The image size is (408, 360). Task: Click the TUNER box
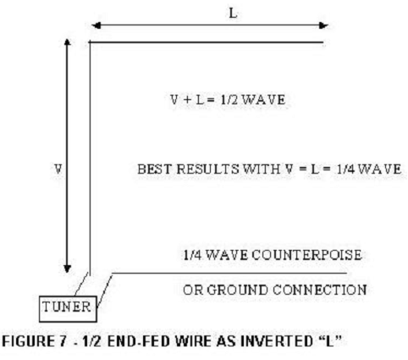pos(68,309)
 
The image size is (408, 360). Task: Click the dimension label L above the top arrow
pos(233,14)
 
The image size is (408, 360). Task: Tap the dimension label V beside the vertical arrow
pos(58,169)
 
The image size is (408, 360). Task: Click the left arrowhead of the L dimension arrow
pos(96,25)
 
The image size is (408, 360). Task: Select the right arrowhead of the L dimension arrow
pos(323,25)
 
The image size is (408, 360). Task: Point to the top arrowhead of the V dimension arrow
pos(67,42)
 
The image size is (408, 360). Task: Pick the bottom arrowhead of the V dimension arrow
pos(67,269)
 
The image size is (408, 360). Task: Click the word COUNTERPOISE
pos(306,255)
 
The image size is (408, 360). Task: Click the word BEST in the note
pos(154,169)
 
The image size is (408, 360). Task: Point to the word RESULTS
pos(207,169)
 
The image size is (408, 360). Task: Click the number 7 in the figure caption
pos(63,341)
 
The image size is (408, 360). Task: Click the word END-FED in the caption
pos(139,341)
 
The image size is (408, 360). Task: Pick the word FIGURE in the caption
pos(28,341)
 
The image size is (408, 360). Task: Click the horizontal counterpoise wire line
pos(229,273)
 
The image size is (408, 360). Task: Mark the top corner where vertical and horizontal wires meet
pos(90,42)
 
